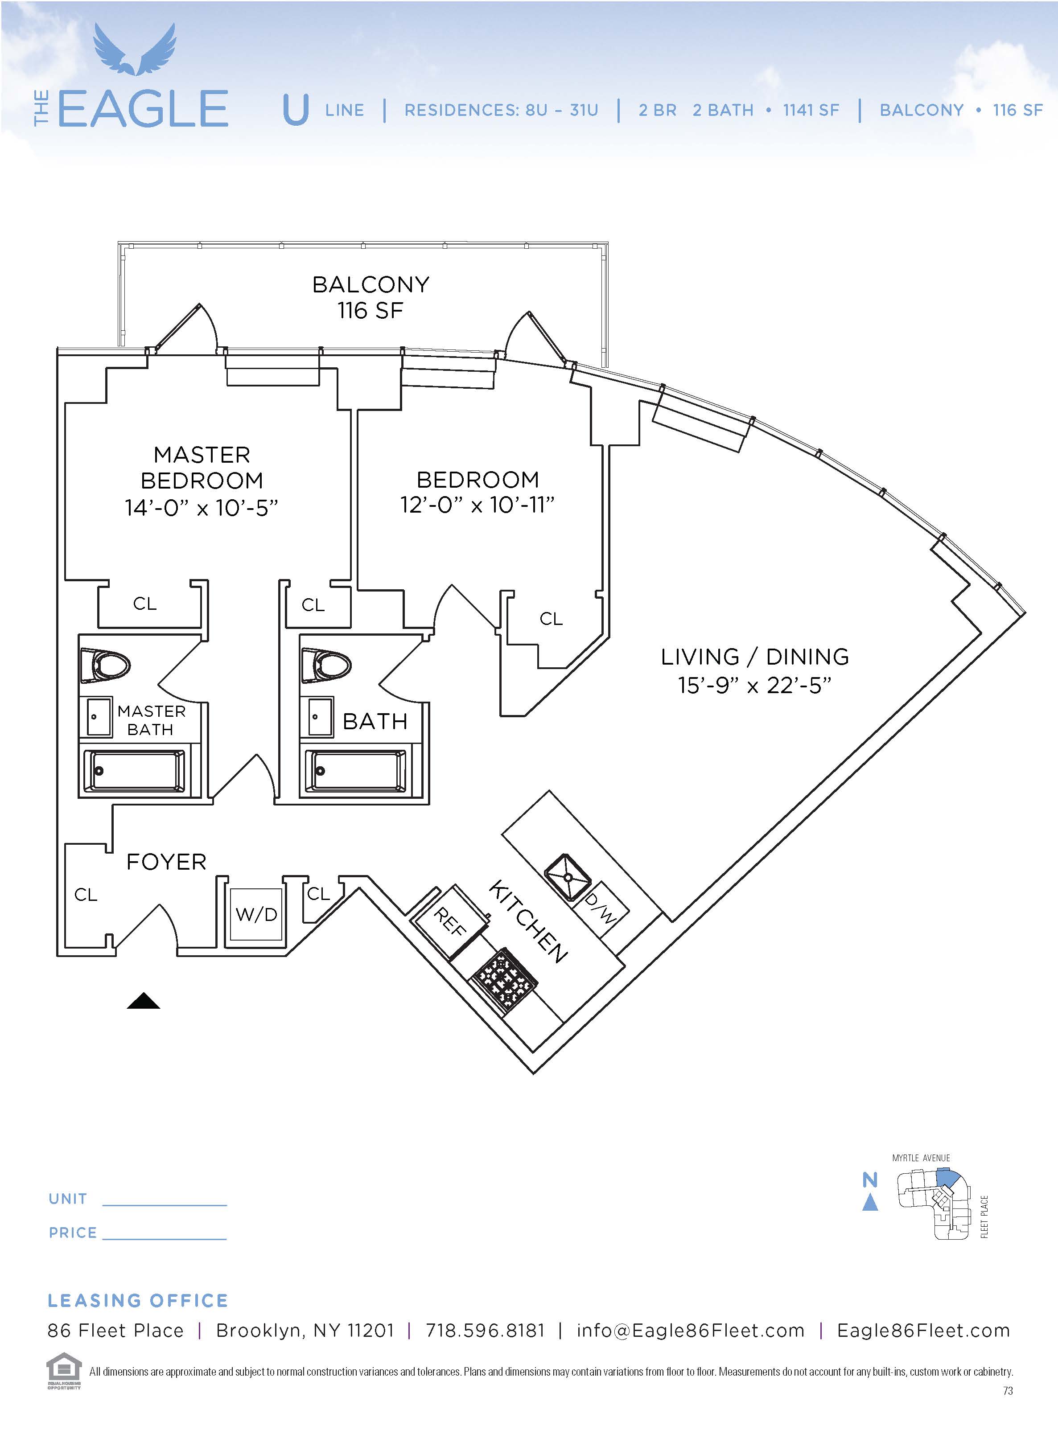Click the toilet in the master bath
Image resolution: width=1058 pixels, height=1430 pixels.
pyautogui.click(x=106, y=666)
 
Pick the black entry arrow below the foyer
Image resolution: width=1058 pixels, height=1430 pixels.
pyautogui.click(x=144, y=1000)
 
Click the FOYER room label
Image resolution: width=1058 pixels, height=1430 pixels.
pyautogui.click(x=166, y=862)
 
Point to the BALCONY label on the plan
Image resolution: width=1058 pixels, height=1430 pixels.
pyautogui.click(x=371, y=284)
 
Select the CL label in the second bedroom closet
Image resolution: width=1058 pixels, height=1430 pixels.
pyautogui.click(x=551, y=619)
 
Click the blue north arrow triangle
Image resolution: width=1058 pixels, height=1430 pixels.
pyautogui.click(x=870, y=1203)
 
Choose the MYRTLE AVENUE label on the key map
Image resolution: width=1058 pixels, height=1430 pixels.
pyautogui.click(x=921, y=1158)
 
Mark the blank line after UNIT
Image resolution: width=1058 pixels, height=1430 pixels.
pyautogui.click(x=165, y=1205)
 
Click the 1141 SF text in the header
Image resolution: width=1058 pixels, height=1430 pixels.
pyautogui.click(x=811, y=110)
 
